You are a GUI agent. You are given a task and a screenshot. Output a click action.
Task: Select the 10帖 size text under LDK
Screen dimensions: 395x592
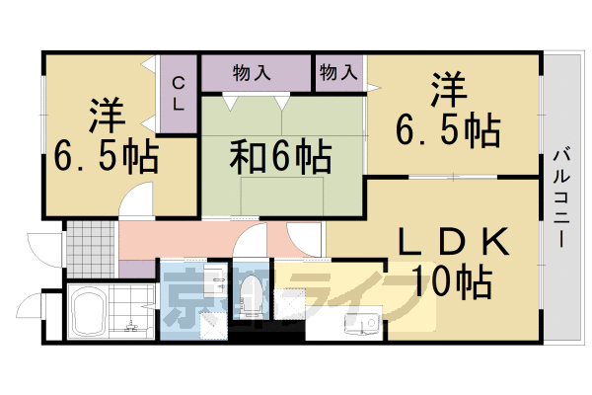tap(454, 283)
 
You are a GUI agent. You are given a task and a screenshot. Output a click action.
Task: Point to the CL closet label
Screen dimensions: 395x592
tap(180, 93)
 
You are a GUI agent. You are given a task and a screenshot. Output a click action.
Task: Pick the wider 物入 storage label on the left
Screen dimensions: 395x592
tap(252, 72)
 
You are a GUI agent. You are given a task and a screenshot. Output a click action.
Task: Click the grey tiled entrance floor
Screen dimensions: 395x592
tap(91, 250)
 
